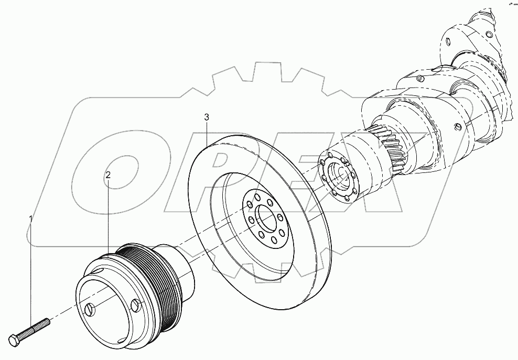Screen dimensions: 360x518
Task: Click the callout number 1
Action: tap(31, 217)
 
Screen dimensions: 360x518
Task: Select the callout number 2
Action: tap(108, 176)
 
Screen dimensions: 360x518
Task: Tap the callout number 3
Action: tap(207, 116)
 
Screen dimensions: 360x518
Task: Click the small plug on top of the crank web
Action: tap(420, 79)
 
